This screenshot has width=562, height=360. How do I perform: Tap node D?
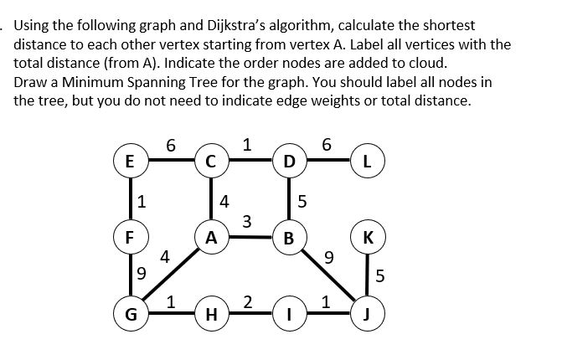[x=289, y=161]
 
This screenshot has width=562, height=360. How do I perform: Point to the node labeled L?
[x=367, y=161]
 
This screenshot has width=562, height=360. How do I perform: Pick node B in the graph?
[x=289, y=237]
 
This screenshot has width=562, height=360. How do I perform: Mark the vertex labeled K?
[x=367, y=237]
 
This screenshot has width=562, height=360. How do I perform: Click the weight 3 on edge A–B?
[x=246, y=221]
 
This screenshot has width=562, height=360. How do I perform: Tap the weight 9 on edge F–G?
[x=142, y=272]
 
